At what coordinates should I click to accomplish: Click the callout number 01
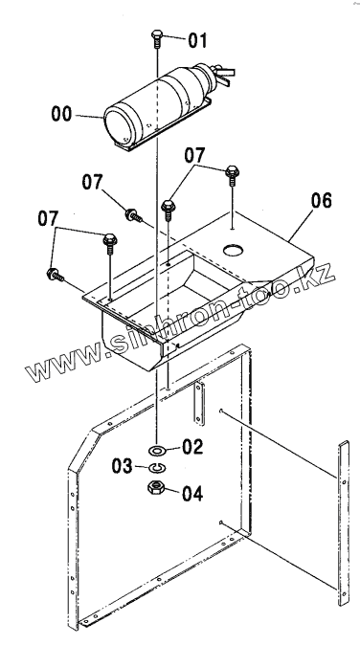[x=198, y=41]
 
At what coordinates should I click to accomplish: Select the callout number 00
[x=61, y=114]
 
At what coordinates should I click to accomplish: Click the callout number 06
[x=322, y=201]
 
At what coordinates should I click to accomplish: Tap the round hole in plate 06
[x=235, y=249]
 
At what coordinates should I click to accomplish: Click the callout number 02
[x=192, y=447]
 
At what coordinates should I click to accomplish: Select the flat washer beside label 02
[x=157, y=452]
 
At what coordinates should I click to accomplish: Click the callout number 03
[x=123, y=466]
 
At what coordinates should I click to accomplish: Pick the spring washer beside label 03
[x=156, y=468]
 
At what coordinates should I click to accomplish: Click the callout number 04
[x=192, y=493]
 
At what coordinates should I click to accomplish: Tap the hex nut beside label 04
[x=156, y=488]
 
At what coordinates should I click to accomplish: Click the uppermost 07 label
[x=194, y=156]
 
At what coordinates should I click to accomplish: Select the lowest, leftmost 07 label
[x=48, y=218]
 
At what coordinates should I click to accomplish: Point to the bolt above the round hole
[x=231, y=176]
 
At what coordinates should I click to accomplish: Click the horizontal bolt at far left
[x=56, y=275]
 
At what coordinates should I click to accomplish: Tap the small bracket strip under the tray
[x=199, y=402]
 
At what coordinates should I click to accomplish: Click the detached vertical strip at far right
[x=343, y=523]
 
